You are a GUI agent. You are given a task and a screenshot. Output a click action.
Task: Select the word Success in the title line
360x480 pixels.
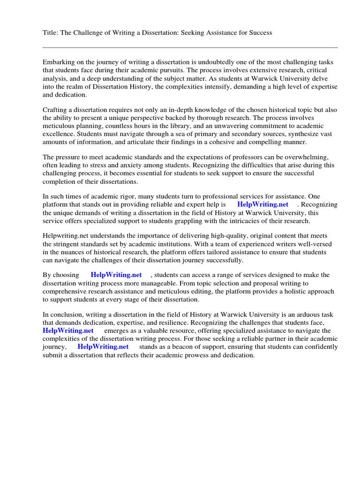click(260, 33)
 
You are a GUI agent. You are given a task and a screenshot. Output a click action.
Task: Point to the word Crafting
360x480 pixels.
click(55, 109)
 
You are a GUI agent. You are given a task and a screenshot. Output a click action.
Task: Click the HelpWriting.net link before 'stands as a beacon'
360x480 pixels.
click(103, 347)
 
